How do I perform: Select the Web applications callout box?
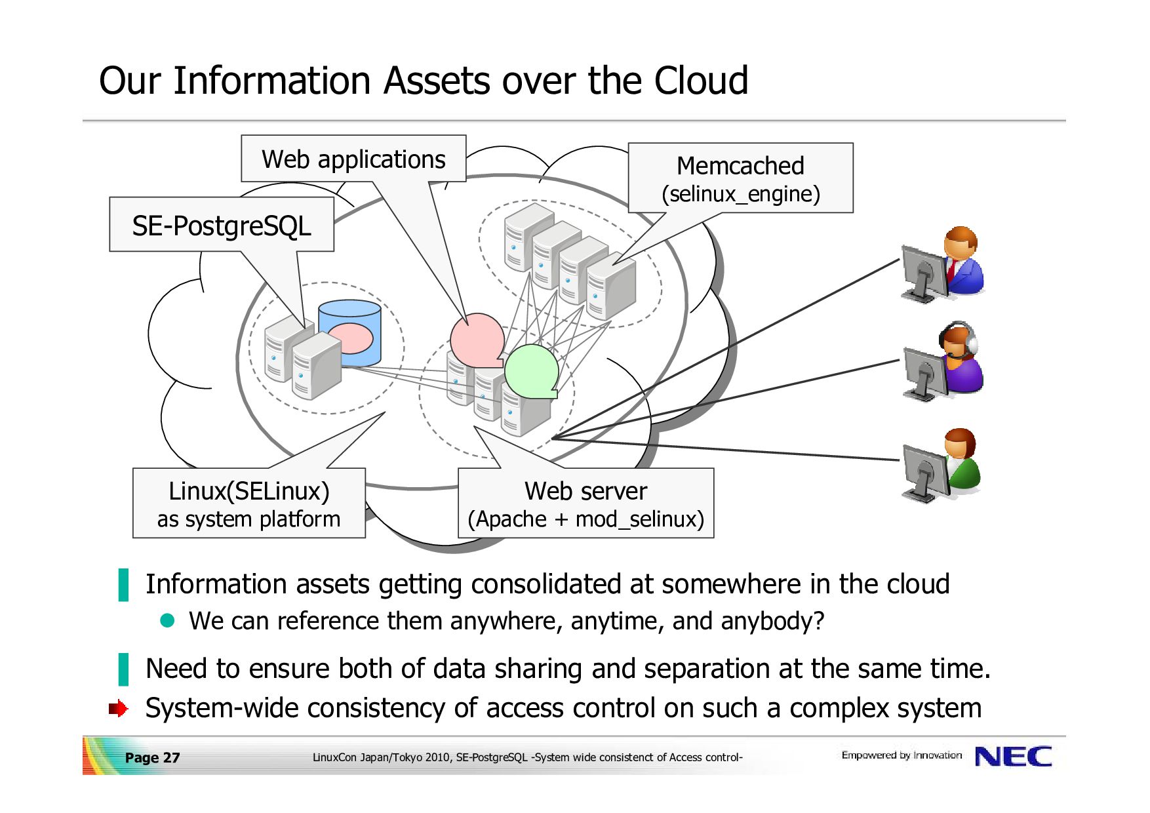[x=353, y=159]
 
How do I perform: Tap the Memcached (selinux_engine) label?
[x=741, y=178]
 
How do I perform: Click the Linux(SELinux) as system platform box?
[x=249, y=504]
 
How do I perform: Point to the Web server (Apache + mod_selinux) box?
[x=585, y=504]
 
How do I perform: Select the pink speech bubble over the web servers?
[x=477, y=340]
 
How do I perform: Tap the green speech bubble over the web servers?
[x=532, y=371]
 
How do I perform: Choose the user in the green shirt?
[x=942, y=465]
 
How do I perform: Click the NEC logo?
[x=1013, y=757]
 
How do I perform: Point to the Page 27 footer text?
[x=152, y=758]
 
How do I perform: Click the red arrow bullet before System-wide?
[x=118, y=709]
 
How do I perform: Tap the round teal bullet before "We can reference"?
[x=168, y=620]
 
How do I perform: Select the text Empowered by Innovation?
[x=902, y=755]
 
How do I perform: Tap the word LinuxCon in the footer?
[x=335, y=757]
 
